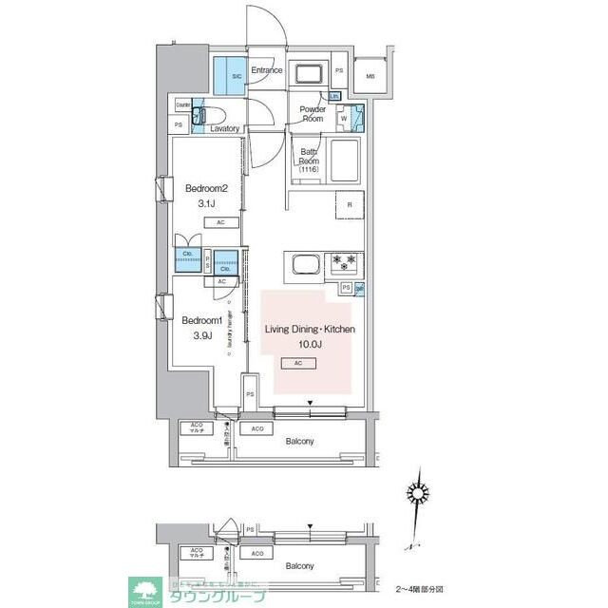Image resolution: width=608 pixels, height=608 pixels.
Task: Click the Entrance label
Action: point(268,70)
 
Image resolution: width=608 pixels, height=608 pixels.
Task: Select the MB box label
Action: point(370,76)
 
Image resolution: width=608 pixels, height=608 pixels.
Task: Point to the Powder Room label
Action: point(313,114)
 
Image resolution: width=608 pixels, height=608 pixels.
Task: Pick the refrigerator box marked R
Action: point(350,205)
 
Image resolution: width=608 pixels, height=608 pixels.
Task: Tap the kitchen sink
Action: point(303,263)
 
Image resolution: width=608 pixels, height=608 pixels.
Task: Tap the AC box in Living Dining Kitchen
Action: point(298,364)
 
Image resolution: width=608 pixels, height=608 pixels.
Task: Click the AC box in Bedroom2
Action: point(219,223)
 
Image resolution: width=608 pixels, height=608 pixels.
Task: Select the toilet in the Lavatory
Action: point(199,116)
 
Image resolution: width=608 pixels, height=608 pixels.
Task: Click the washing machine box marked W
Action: point(343,119)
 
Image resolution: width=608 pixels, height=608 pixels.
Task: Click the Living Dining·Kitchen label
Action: point(311,330)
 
